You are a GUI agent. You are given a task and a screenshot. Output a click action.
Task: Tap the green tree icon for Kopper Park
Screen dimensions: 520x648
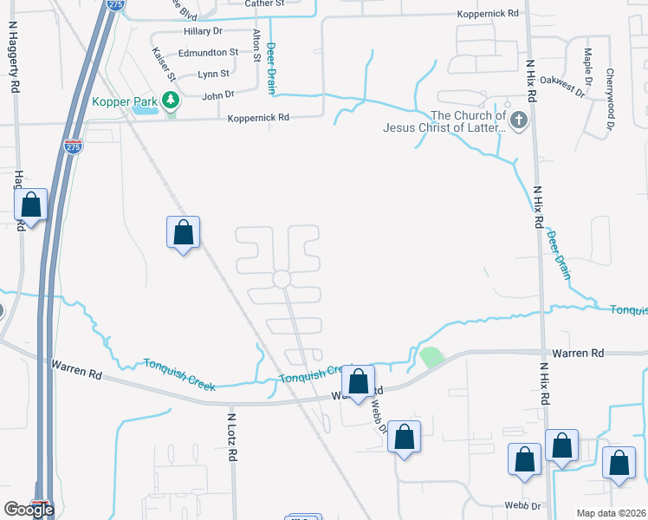[172, 101]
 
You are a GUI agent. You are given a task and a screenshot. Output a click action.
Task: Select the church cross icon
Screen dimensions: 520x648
[519, 120]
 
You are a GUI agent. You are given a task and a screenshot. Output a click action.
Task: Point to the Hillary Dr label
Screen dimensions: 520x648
[204, 31]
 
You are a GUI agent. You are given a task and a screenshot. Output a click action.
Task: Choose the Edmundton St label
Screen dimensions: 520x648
[204, 53]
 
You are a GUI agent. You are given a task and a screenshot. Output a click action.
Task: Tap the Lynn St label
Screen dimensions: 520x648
[213, 75]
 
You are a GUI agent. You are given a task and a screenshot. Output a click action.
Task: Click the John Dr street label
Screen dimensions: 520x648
[218, 94]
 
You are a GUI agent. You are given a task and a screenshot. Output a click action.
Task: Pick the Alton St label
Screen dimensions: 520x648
[256, 46]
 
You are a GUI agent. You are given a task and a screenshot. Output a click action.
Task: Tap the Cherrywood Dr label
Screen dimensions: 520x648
[610, 99]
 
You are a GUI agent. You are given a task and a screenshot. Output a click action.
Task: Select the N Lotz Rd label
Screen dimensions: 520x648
[232, 437]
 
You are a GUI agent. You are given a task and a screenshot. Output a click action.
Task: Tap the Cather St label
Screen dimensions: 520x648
[264, 4]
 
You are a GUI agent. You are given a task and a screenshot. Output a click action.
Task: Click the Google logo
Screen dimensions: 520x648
[29, 510]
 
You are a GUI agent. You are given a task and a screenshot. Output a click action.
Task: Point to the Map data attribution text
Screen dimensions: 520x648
[610, 513]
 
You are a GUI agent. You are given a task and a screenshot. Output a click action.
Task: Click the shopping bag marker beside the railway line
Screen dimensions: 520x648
[183, 232]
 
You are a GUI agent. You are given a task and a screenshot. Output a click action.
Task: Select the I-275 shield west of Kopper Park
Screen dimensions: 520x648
[73, 147]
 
